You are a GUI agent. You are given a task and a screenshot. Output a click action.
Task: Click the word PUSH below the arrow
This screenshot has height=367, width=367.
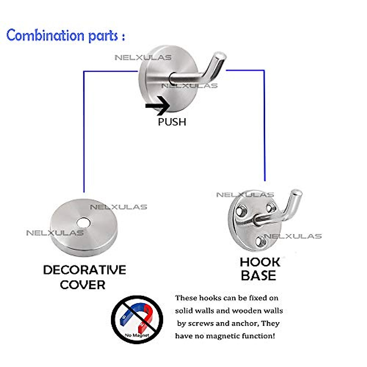click(x=172, y=122)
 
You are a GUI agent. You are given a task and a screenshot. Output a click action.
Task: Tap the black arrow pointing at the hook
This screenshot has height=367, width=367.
click(x=158, y=106)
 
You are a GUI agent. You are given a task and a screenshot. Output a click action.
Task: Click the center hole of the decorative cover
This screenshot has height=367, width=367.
click(x=83, y=223)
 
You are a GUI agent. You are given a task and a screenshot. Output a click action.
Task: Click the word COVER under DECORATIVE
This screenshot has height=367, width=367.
click(x=83, y=285)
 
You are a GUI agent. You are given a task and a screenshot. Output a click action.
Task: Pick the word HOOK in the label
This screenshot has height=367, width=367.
click(x=260, y=262)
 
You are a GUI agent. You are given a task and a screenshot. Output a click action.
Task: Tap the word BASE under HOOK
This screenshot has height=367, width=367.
click(x=258, y=275)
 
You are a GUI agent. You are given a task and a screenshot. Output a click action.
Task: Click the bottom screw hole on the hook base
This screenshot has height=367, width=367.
click(x=260, y=242)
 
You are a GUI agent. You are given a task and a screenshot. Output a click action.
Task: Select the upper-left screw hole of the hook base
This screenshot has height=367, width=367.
click(x=241, y=211)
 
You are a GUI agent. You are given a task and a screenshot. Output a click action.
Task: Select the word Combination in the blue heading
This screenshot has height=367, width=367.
click(x=45, y=35)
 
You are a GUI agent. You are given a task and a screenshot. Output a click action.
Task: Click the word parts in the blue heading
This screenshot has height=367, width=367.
click(x=103, y=36)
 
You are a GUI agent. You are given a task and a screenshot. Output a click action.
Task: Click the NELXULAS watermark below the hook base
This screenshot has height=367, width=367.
click(x=293, y=236)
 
